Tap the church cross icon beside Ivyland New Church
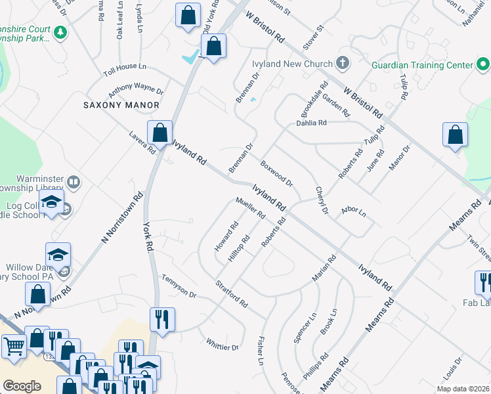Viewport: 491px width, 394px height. [341, 64]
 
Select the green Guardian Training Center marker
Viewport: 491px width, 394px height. [483, 64]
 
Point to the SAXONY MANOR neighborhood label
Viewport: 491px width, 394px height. [121, 105]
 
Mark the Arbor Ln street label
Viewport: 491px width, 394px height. [353, 211]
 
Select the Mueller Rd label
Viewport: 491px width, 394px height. [249, 208]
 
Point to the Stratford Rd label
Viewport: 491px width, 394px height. [232, 294]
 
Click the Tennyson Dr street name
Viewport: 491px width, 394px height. [179, 286]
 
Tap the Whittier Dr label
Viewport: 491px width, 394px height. [222, 343]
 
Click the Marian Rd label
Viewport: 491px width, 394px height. [324, 268]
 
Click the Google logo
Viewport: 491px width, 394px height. [22, 386]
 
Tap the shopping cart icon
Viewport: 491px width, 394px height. [13, 345]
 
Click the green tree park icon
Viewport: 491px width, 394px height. [60, 32]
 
